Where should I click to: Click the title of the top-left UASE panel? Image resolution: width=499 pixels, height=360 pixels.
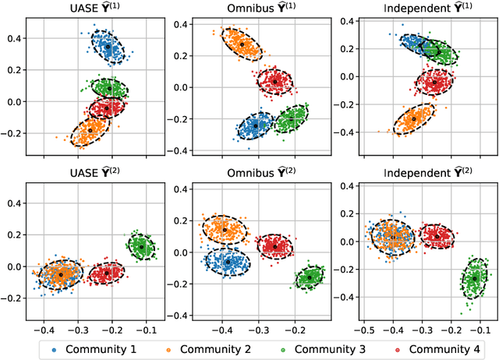(x=87, y=9)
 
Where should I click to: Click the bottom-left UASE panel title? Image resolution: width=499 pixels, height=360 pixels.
(x=87, y=170)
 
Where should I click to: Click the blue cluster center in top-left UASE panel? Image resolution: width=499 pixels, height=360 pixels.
(x=108, y=48)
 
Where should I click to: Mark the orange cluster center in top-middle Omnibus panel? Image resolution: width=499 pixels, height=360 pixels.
(x=242, y=45)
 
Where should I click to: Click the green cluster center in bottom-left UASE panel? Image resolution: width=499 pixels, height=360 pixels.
(x=141, y=247)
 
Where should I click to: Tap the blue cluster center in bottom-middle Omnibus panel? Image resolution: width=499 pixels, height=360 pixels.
(x=227, y=263)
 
